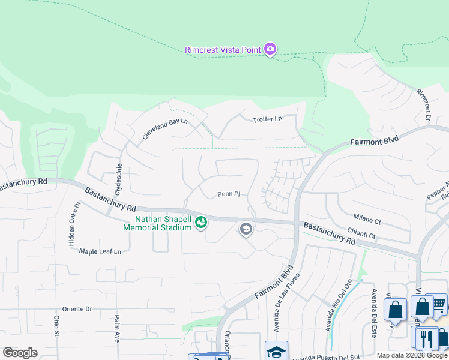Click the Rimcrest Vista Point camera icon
click(x=270, y=49)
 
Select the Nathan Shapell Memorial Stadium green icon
click(x=201, y=223)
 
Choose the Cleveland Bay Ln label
click(x=165, y=129)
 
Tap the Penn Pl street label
click(x=229, y=194)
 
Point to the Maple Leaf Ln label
click(x=100, y=251)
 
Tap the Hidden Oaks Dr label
click(x=73, y=223)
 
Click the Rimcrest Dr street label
click(x=424, y=106)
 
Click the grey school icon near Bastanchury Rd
click(x=246, y=229)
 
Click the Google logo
click(x=20, y=353)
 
